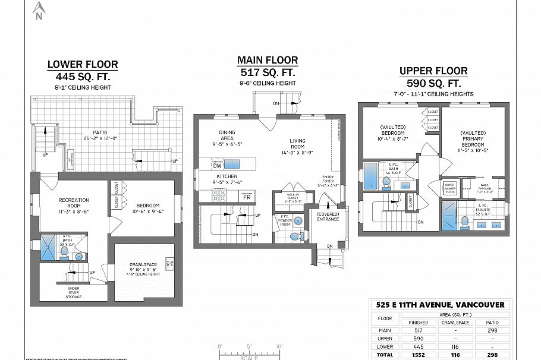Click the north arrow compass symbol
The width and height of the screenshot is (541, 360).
(40, 10)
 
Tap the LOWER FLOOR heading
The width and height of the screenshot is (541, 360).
(83, 64)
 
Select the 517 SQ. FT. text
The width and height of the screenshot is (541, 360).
(268, 72)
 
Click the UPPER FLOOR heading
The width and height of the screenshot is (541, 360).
(433, 71)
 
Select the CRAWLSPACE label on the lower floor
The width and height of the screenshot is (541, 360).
(145, 266)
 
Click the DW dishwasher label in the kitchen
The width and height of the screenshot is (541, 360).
(217, 166)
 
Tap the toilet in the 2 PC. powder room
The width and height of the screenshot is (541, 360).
(293, 236)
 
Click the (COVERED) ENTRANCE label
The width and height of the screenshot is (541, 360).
(328, 216)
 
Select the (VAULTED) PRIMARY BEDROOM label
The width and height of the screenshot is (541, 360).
(473, 140)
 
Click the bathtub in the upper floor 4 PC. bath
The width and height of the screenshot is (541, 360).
(370, 175)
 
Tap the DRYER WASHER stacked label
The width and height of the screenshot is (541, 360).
(449, 188)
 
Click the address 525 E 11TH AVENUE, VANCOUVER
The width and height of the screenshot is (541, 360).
(439, 305)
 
